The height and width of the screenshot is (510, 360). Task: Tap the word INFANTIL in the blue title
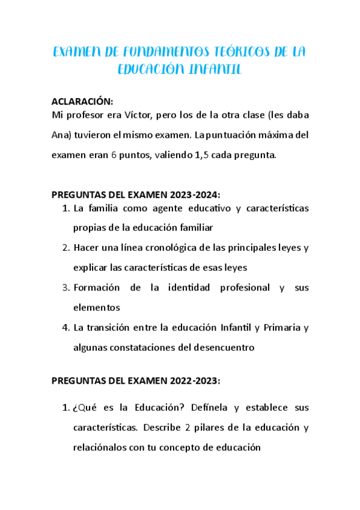(215, 70)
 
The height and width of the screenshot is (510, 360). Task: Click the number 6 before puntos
(114, 155)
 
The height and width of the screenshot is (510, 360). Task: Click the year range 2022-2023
(194, 381)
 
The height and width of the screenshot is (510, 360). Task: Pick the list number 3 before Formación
(66, 287)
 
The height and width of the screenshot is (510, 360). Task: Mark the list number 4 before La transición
(66, 327)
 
